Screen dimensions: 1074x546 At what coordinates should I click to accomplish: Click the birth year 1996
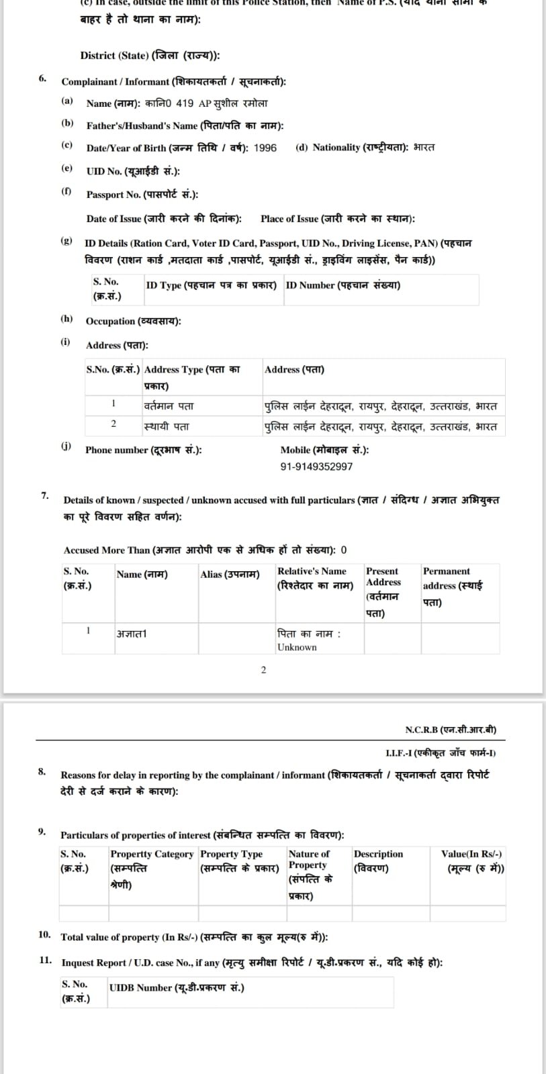click(265, 148)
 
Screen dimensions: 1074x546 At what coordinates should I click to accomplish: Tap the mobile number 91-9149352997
click(316, 467)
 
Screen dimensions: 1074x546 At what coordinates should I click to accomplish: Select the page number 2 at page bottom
click(263, 670)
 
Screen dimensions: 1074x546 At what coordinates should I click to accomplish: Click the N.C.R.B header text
click(451, 730)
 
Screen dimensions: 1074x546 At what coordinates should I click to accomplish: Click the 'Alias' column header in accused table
click(230, 575)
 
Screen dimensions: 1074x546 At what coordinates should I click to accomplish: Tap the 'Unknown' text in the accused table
click(297, 647)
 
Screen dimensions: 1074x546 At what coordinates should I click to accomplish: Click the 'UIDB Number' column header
click(177, 987)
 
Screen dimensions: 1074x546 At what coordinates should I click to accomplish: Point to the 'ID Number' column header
click(343, 285)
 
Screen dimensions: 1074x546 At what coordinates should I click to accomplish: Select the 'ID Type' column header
click(211, 285)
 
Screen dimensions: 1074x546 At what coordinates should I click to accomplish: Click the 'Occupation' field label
click(133, 321)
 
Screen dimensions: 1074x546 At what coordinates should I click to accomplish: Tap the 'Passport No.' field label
click(142, 195)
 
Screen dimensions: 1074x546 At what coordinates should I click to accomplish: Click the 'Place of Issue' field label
click(337, 219)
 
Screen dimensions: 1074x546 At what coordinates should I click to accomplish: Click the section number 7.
click(45, 495)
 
